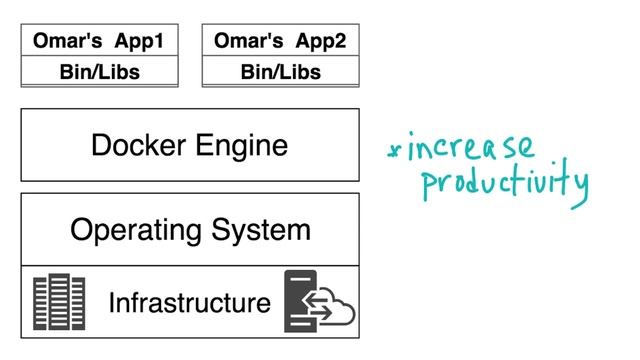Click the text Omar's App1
[x=99, y=41]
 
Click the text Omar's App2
[x=281, y=41]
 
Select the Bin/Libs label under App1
[x=99, y=72]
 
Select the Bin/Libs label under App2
[x=281, y=72]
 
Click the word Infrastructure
[x=189, y=302]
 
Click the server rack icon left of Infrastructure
[x=59, y=301]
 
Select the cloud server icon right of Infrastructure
[x=318, y=301]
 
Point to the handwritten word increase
[x=471, y=151]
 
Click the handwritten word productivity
[x=504, y=184]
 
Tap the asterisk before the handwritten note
[x=394, y=153]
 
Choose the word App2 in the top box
[x=321, y=41]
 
